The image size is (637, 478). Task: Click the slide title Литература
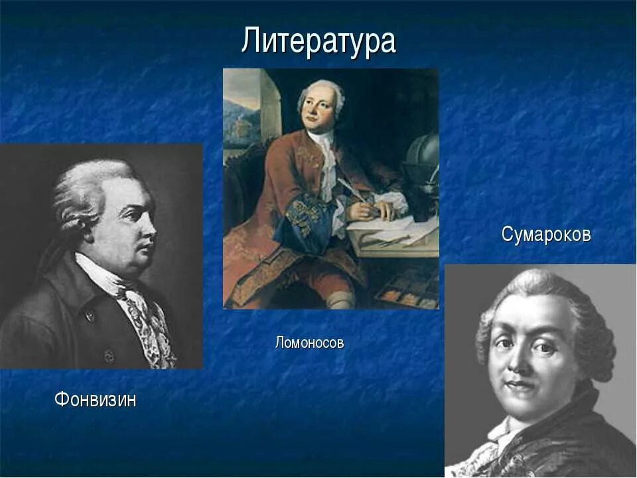(x=318, y=41)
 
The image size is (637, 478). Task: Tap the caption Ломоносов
(x=309, y=343)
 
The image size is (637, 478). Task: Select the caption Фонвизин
(x=95, y=400)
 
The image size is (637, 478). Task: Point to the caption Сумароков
(x=545, y=234)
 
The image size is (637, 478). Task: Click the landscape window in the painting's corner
(x=240, y=119)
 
